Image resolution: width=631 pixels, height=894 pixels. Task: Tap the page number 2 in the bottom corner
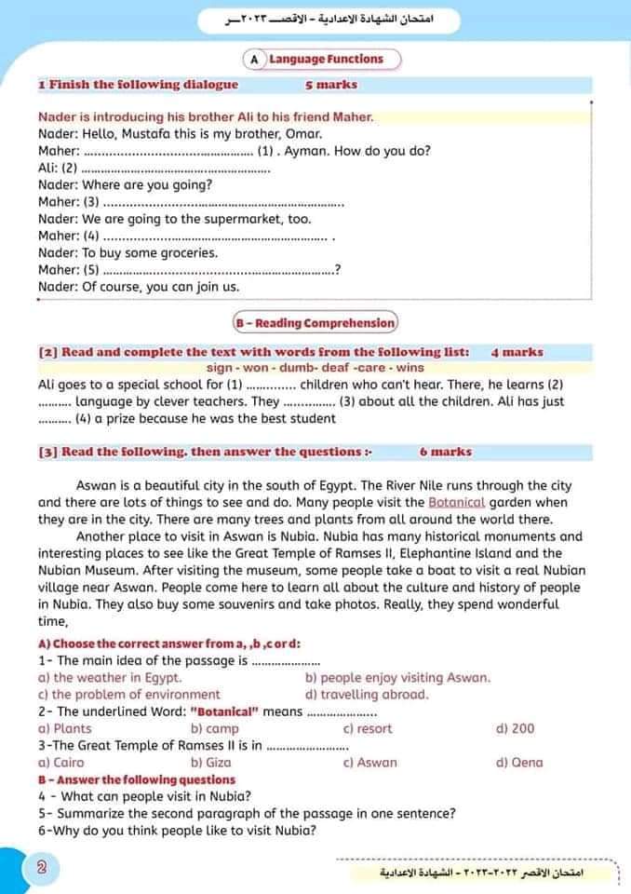pos(41,868)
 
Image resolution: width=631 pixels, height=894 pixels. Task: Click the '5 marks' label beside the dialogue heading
pos(330,85)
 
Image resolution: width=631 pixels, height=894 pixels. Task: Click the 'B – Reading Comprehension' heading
pos(315,323)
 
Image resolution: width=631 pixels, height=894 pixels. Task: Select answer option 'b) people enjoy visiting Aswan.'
pos(397,678)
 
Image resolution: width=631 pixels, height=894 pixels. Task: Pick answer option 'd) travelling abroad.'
pos(367,695)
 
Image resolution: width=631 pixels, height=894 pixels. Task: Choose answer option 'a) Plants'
pos(65,729)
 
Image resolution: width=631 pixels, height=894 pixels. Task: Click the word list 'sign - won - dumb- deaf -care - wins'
pos(315,369)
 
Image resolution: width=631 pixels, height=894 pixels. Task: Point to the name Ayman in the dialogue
pos(310,151)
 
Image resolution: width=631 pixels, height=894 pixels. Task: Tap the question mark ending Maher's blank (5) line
pos(337,270)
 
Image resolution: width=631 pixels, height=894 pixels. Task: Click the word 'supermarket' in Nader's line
pos(250,219)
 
